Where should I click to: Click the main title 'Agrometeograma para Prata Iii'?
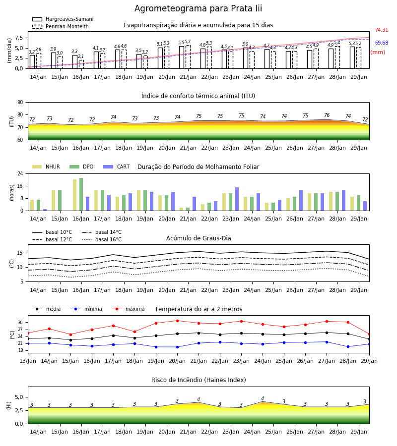pyautogui.click(x=198, y=8)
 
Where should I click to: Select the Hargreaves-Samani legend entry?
pyautogui.click(x=63, y=19)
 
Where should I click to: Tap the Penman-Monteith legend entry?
pyautogui.click(x=61, y=26)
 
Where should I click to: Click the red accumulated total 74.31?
pyautogui.click(x=382, y=30)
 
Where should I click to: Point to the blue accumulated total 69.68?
pyautogui.click(x=382, y=43)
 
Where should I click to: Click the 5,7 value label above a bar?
pyautogui.click(x=188, y=42)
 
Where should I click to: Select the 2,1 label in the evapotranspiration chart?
pyautogui.click(x=81, y=56)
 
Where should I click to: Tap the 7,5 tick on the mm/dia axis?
pyautogui.click(x=19, y=38)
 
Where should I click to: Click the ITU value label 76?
pyautogui.click(x=327, y=115)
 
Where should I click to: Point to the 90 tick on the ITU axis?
pyautogui.click(x=20, y=103)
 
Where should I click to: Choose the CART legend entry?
pyautogui.click(x=117, y=167)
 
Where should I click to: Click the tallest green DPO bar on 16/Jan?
pyautogui.click(x=81, y=194)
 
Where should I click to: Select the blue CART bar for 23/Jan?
pyautogui.click(x=237, y=199)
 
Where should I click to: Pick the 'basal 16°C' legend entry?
pyautogui.click(x=102, y=239)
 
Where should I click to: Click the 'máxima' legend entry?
pyautogui.click(x=128, y=309)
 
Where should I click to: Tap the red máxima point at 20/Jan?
pyautogui.click(x=178, y=321)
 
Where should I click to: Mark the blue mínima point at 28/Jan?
pyautogui.click(x=348, y=347)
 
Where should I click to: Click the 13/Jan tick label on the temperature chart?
pyautogui.click(x=28, y=361)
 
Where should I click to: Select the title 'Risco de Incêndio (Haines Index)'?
pyautogui.click(x=198, y=380)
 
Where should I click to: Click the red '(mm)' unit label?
pyautogui.click(x=378, y=53)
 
